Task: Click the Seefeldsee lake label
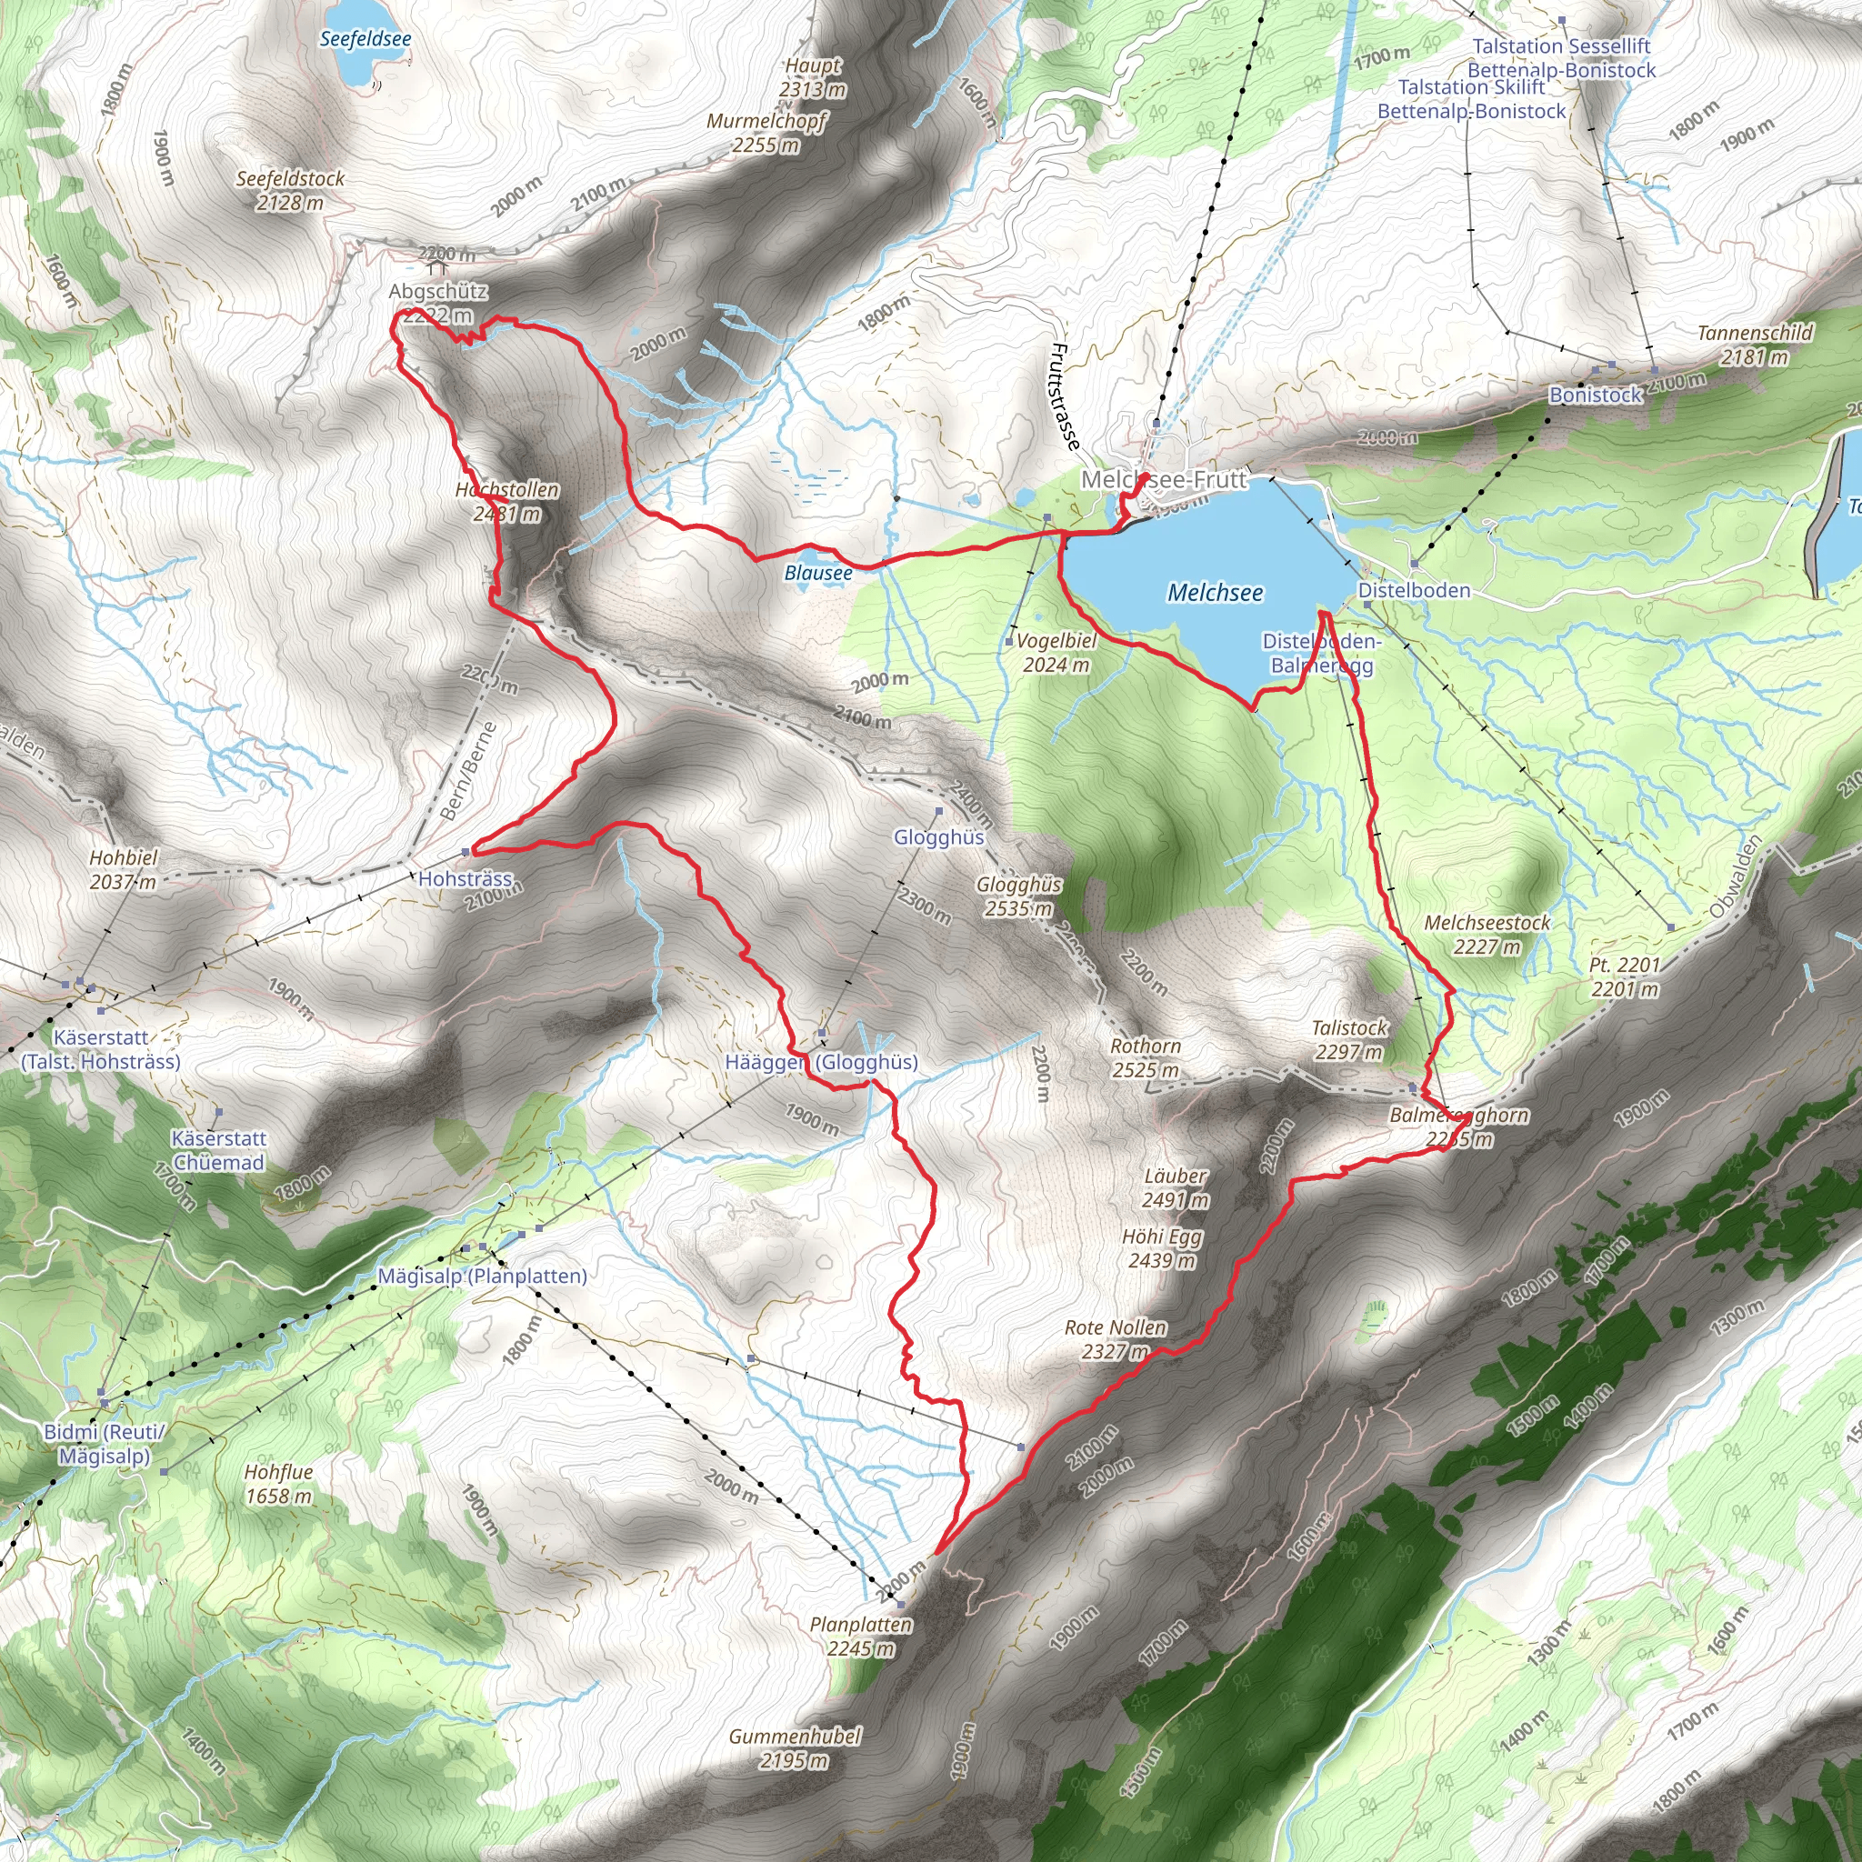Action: click(x=365, y=39)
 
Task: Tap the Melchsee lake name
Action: click(x=1215, y=593)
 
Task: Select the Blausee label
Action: click(x=818, y=574)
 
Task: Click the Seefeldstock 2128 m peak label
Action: click(x=290, y=191)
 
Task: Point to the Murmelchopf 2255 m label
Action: click(x=766, y=133)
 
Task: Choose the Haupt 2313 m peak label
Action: click(x=814, y=78)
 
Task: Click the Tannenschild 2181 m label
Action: click(x=1754, y=345)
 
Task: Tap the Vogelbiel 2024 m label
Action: click(x=1056, y=653)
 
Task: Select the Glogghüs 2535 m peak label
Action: click(x=1018, y=896)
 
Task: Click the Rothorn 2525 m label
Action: click(x=1145, y=1057)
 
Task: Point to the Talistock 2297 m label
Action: click(x=1348, y=1040)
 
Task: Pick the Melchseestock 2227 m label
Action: click(x=1487, y=935)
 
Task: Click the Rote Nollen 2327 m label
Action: click(x=1115, y=1339)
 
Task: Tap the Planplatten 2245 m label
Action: click(x=861, y=1637)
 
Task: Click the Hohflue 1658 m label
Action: click(x=278, y=1484)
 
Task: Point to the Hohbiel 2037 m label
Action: click(x=124, y=869)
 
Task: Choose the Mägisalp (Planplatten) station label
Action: click(x=482, y=1276)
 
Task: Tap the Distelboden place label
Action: click(x=1414, y=590)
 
